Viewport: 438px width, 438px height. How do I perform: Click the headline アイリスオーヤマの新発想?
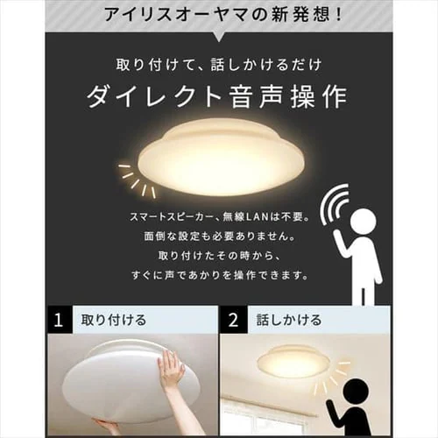223,15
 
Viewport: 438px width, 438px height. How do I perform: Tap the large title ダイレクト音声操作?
216,96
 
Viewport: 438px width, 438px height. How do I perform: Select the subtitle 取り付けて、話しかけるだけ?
219,65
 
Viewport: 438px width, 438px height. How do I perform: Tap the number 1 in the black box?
59,320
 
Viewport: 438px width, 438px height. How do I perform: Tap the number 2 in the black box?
233,320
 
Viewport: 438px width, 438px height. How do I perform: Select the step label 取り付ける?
114,320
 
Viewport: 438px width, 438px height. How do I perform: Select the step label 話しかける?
289,320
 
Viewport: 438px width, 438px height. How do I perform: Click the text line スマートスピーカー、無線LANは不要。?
220,217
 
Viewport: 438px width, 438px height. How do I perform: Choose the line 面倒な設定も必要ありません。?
220,237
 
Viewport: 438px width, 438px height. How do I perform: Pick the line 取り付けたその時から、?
220,256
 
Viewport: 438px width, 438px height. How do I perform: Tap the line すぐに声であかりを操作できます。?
220,275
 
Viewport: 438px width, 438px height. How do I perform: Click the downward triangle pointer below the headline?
219,37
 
